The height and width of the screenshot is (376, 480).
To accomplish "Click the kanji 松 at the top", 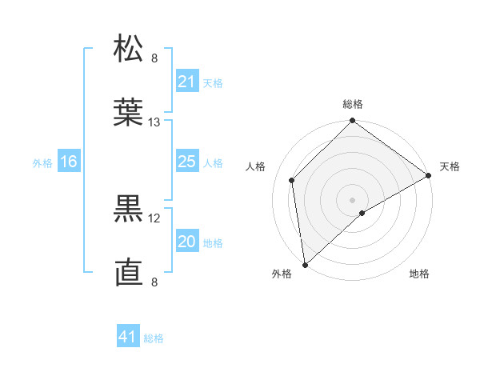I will pos(129,50).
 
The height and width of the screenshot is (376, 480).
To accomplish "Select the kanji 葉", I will pos(129,114).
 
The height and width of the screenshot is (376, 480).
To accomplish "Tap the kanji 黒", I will pos(129,210).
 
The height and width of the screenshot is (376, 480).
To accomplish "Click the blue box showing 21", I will pos(186,82).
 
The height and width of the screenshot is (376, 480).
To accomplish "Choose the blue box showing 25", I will pos(186,162).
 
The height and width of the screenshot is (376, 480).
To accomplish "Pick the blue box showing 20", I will pos(186,242).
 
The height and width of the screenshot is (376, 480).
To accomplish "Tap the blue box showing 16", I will pos(68,162).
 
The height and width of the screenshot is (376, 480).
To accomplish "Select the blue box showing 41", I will pos(127,337).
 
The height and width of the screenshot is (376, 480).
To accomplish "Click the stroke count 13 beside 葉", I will pos(154,122).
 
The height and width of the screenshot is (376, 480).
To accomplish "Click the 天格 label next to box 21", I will pos(213,82).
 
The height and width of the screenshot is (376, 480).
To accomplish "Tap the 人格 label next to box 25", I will pos(213,162).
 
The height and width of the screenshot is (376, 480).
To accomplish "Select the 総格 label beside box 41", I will pos(154,338).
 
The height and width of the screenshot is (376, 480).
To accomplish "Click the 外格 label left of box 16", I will pos(42,162).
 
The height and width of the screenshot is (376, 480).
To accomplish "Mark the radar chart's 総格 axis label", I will pos(353,104).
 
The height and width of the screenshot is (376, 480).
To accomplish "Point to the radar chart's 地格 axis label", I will pos(419,274).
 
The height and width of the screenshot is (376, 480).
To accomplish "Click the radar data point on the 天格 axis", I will pos(429,175).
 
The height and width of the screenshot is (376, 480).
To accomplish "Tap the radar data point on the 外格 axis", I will pos(305,265).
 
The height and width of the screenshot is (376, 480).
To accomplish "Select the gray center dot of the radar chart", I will pos(353,199).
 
